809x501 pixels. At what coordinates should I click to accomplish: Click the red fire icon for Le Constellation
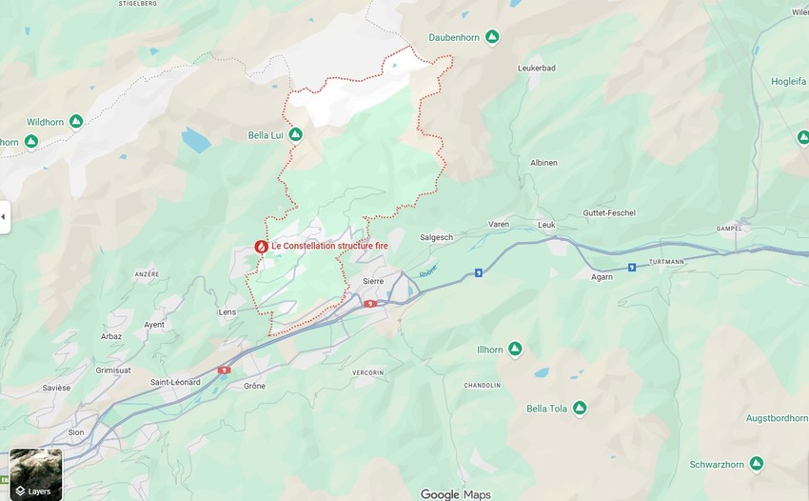261,246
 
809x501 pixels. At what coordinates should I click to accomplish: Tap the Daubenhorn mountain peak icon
492,37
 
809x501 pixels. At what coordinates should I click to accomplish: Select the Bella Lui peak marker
295,135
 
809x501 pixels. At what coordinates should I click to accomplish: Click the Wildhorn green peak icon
76,122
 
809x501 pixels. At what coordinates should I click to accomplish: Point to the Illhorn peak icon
515,350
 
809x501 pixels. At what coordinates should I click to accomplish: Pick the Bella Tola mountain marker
579,409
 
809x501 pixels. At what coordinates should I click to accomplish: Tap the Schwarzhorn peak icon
756,464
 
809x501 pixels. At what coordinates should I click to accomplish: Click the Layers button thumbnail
35,474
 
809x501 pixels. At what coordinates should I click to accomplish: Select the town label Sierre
373,282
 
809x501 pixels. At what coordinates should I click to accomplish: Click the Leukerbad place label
536,69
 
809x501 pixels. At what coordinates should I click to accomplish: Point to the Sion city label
76,432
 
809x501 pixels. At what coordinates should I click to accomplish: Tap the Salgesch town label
437,237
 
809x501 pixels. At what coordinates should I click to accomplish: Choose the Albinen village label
543,163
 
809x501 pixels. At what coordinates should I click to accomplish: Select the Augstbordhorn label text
777,418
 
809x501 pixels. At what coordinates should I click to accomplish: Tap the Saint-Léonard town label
174,383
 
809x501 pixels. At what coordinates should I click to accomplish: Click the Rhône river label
429,271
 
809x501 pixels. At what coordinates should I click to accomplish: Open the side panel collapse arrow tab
5,217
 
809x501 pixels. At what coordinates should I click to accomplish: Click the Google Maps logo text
455,493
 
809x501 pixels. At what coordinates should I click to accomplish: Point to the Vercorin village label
367,371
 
